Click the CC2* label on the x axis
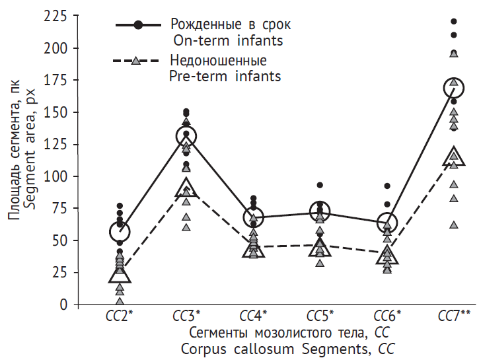pos(120,316)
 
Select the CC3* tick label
pos(187,316)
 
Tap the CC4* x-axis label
pos(254,316)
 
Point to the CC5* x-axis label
pos(321,316)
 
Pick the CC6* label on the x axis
pos(388,316)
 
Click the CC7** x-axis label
pos(455,316)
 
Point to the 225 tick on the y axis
pos(55,17)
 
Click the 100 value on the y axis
pos(55,177)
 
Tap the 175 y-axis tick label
pos(55,81)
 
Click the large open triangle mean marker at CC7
pos(454,157)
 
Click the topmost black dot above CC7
pos(454,22)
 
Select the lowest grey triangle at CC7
pos(454,225)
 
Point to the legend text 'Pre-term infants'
pos(225,77)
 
